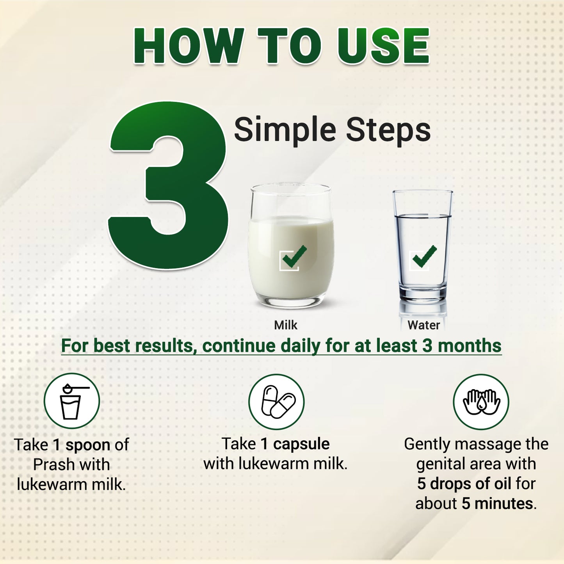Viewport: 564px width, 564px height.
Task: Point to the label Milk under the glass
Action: [x=286, y=325]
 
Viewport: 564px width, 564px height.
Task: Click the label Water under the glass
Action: [x=423, y=325]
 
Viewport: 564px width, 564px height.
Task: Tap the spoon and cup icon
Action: [x=72, y=401]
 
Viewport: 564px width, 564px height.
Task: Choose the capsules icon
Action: [x=276, y=401]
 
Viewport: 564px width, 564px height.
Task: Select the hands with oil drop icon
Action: [x=481, y=401]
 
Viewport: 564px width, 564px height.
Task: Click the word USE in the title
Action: [x=383, y=46]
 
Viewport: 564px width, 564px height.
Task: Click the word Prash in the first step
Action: [x=50, y=464]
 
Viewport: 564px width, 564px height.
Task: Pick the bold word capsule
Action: [x=301, y=444]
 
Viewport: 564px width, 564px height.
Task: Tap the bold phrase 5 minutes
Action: [x=499, y=504]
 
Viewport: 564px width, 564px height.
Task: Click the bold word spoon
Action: [x=88, y=445]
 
